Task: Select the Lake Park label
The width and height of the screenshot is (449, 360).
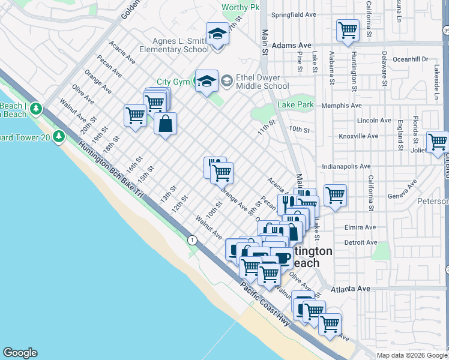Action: point(296,104)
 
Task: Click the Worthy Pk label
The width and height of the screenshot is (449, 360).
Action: point(240,8)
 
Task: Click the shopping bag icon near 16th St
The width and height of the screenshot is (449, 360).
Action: point(166,124)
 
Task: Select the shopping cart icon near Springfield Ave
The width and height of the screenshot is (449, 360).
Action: point(348,30)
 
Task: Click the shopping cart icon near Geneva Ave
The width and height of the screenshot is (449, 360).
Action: point(334,194)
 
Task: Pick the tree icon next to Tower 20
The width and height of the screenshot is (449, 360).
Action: point(59,137)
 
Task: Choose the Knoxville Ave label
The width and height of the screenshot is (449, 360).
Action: point(358,136)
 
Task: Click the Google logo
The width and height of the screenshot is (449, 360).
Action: point(20,353)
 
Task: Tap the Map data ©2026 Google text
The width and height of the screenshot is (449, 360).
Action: point(412,355)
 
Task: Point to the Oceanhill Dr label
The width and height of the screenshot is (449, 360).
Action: point(409,59)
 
